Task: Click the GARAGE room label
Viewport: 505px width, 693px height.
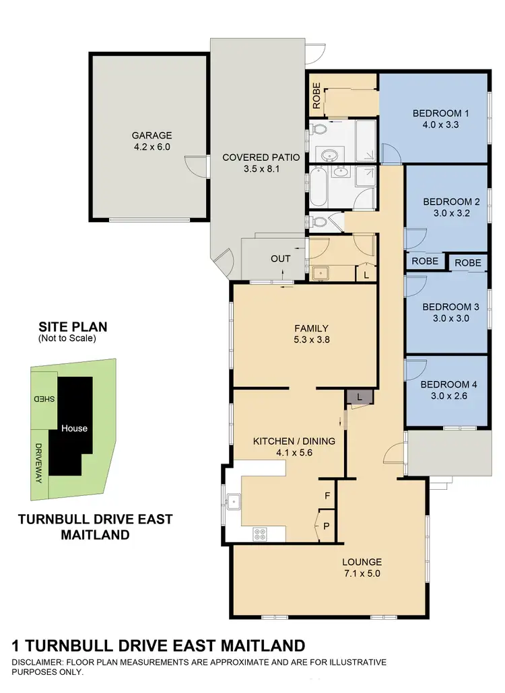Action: pos(151,135)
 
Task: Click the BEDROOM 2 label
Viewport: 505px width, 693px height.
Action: pos(450,201)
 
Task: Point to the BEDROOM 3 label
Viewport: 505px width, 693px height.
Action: pos(450,307)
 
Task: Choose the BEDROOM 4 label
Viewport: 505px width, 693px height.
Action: pos(448,385)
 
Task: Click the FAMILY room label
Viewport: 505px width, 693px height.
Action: pos(311,328)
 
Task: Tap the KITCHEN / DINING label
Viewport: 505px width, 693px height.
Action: pos(294,441)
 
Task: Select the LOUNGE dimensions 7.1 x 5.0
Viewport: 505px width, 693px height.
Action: pos(362,573)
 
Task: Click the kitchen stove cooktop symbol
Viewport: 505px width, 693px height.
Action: pos(261,534)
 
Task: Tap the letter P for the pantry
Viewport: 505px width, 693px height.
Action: pos(327,526)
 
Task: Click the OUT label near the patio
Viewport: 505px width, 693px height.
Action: pos(281,258)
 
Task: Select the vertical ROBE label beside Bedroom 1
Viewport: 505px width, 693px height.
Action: pos(316,96)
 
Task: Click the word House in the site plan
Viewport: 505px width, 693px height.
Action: pos(74,428)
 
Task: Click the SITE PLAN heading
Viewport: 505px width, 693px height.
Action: pos(73,328)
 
